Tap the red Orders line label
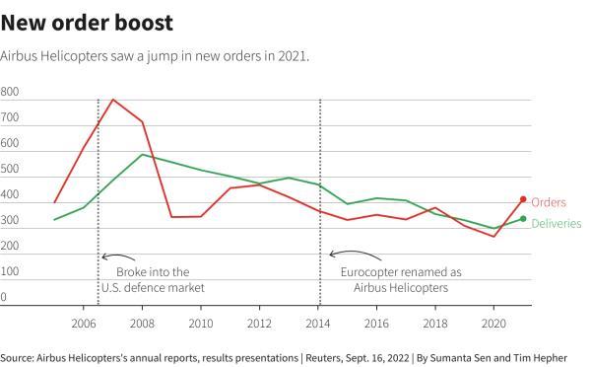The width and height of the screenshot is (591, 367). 550,202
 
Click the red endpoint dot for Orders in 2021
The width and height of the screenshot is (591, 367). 523,199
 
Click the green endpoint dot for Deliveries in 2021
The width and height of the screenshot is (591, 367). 523,219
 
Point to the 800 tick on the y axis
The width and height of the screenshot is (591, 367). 10,92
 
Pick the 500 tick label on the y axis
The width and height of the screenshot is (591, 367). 10,169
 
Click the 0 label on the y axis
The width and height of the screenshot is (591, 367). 4,296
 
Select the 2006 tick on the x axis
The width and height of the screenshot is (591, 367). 84,323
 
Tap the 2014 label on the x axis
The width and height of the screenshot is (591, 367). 318,323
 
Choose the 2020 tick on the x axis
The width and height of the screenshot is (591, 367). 493,323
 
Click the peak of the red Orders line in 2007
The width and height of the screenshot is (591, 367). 113,100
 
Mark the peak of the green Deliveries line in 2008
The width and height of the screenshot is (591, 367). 143,154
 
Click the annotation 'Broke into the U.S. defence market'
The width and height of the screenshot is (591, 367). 152,279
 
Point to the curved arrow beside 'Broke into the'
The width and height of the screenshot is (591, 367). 113,257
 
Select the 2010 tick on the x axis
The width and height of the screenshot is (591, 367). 201,323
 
